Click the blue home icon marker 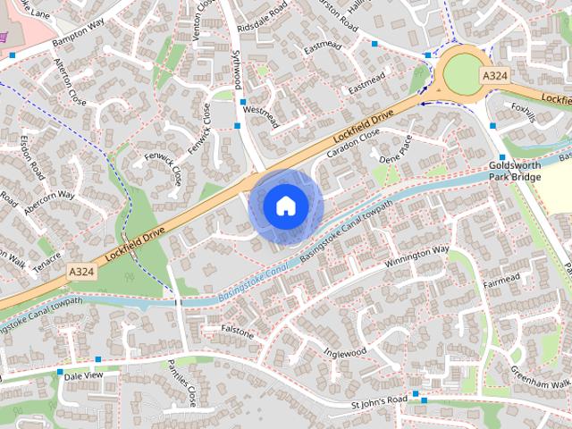coord(285,206)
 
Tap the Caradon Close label coord(353,142)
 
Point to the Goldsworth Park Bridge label coord(517,171)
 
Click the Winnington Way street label coord(416,259)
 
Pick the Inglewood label coord(346,351)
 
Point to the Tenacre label coord(46,257)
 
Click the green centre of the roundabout coord(462,71)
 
